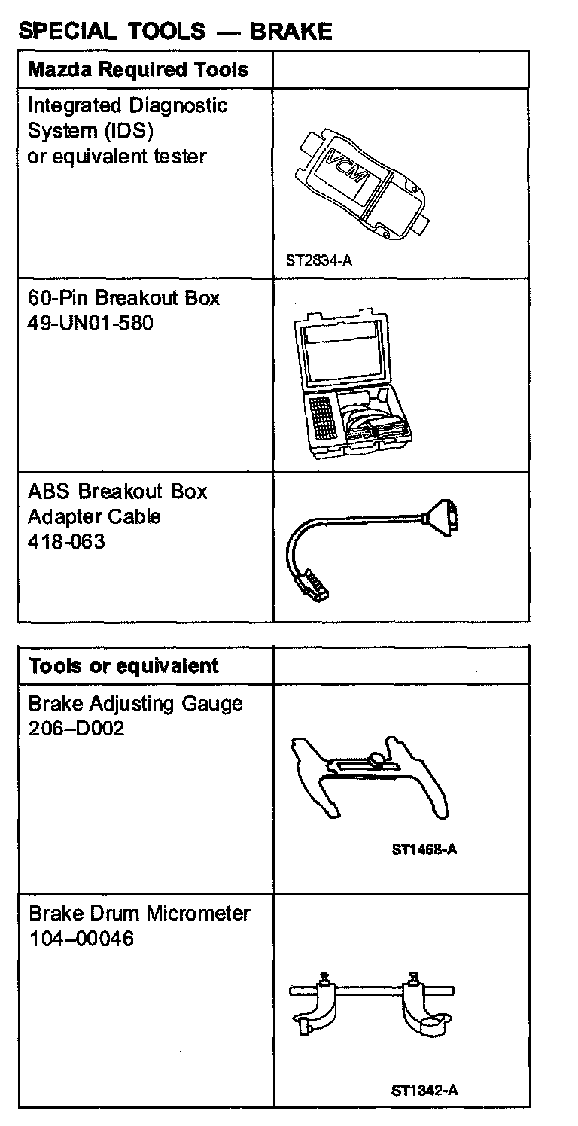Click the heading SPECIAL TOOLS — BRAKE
(175, 31)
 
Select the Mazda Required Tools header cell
(138, 70)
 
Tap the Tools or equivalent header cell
(123, 665)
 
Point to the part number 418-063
(66, 541)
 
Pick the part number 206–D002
(76, 729)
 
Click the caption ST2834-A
(318, 262)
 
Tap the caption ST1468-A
(424, 850)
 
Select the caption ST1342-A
(424, 1090)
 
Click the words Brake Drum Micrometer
(139, 913)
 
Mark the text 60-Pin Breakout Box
(123, 297)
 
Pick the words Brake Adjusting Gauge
(135, 704)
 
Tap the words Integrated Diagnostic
(127, 105)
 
